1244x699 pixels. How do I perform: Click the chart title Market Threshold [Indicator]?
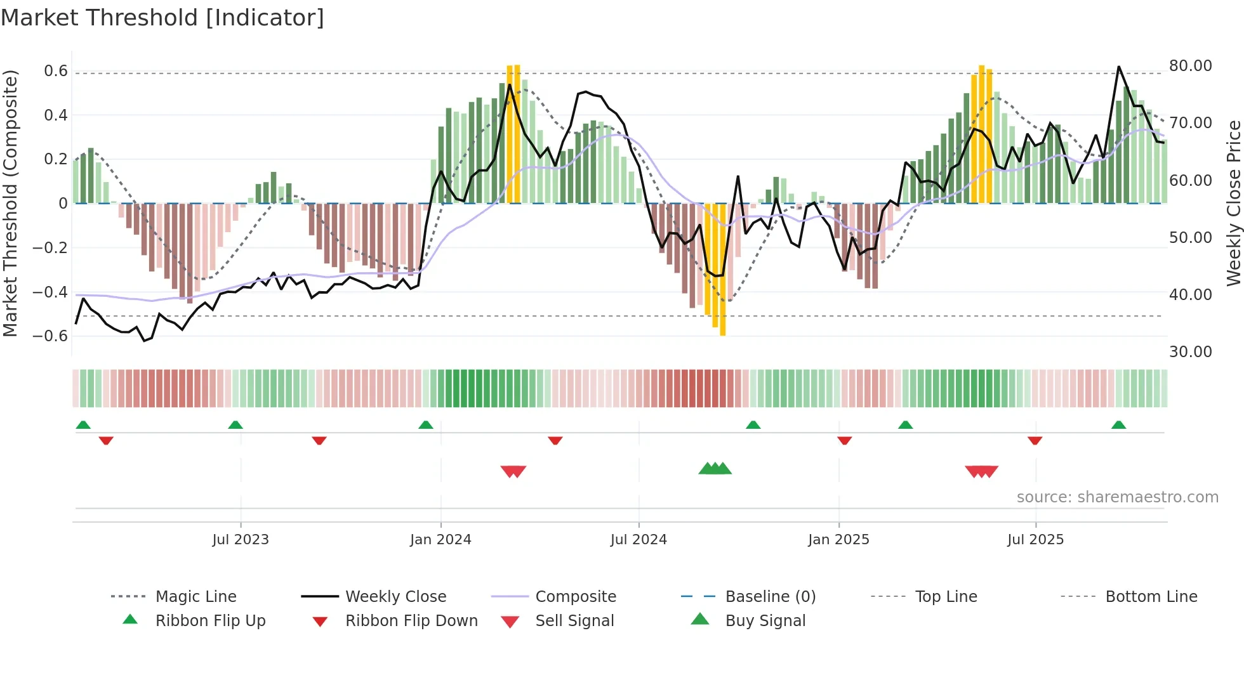tap(162, 18)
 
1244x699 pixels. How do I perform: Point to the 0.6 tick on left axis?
tap(56, 71)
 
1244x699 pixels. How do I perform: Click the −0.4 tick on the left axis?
tap(50, 292)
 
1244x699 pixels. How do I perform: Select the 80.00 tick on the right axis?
tap(1190, 66)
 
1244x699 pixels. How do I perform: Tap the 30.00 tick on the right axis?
tap(1190, 352)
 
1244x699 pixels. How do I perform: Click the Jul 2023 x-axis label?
tap(241, 540)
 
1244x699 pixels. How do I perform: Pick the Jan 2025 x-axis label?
tap(838, 540)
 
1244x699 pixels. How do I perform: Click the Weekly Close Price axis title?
tap(1233, 203)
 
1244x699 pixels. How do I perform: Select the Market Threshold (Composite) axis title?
tap(10, 203)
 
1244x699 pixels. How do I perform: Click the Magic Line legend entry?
tap(195, 597)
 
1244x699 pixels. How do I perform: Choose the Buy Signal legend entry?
tap(765, 621)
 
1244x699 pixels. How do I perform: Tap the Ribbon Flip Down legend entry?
tap(411, 621)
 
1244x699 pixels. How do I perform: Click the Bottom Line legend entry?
tap(1151, 597)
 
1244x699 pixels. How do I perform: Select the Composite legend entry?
tap(575, 597)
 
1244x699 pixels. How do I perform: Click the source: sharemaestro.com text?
tap(1117, 497)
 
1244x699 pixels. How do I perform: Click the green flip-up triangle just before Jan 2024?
tap(426, 425)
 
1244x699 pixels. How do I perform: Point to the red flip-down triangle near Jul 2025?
tap(1035, 440)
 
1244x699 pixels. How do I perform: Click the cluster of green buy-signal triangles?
tap(715, 469)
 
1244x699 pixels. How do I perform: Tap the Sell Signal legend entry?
tap(574, 621)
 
